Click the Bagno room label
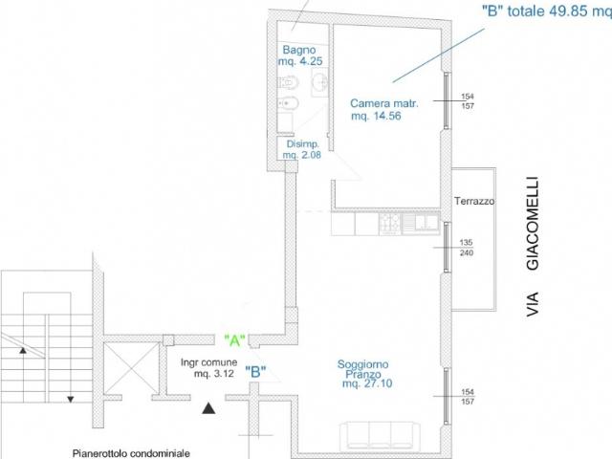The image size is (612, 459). pos(299,50)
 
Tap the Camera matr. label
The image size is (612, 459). pos(384,103)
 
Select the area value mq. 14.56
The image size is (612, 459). pos(376,116)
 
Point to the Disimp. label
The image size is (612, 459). pos(302,143)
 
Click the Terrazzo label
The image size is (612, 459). pos(474,201)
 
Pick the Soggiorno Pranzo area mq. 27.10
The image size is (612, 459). pos(367,383)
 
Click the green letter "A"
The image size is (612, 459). pos(234,340)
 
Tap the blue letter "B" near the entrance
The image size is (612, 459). pos(255,372)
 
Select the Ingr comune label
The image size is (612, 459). pos(208,362)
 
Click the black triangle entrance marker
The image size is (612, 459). pos(208,408)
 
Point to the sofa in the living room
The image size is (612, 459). pos(377,436)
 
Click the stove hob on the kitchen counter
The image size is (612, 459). pos(390,224)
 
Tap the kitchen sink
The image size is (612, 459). pos(421,222)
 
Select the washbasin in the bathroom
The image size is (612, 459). pos(320,82)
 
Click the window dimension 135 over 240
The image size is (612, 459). pos(467,248)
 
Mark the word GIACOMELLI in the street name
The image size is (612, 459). pos(533,224)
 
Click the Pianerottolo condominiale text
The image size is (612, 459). pos(131,453)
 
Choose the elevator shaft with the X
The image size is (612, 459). pos(132,368)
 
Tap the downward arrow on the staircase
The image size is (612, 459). pos(70,399)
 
